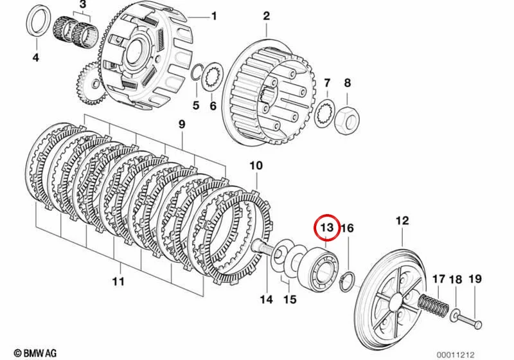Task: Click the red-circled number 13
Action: (326, 228)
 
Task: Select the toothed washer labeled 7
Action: (324, 113)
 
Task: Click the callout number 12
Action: (402, 221)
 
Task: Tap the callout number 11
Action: (118, 281)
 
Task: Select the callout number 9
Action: (181, 124)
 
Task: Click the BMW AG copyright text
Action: (35, 353)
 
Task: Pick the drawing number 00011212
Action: (456, 355)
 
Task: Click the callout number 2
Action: (266, 15)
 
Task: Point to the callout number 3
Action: (83, 4)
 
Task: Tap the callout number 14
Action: (266, 300)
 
